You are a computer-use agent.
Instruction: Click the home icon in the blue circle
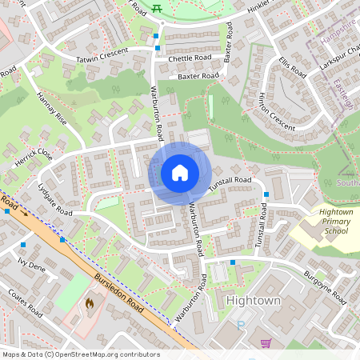point(180,173)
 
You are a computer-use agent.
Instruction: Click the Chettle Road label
point(190,58)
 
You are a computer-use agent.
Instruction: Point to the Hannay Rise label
point(53,108)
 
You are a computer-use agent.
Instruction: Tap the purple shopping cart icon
point(266,343)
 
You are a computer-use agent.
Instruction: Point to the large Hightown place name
point(254,300)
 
